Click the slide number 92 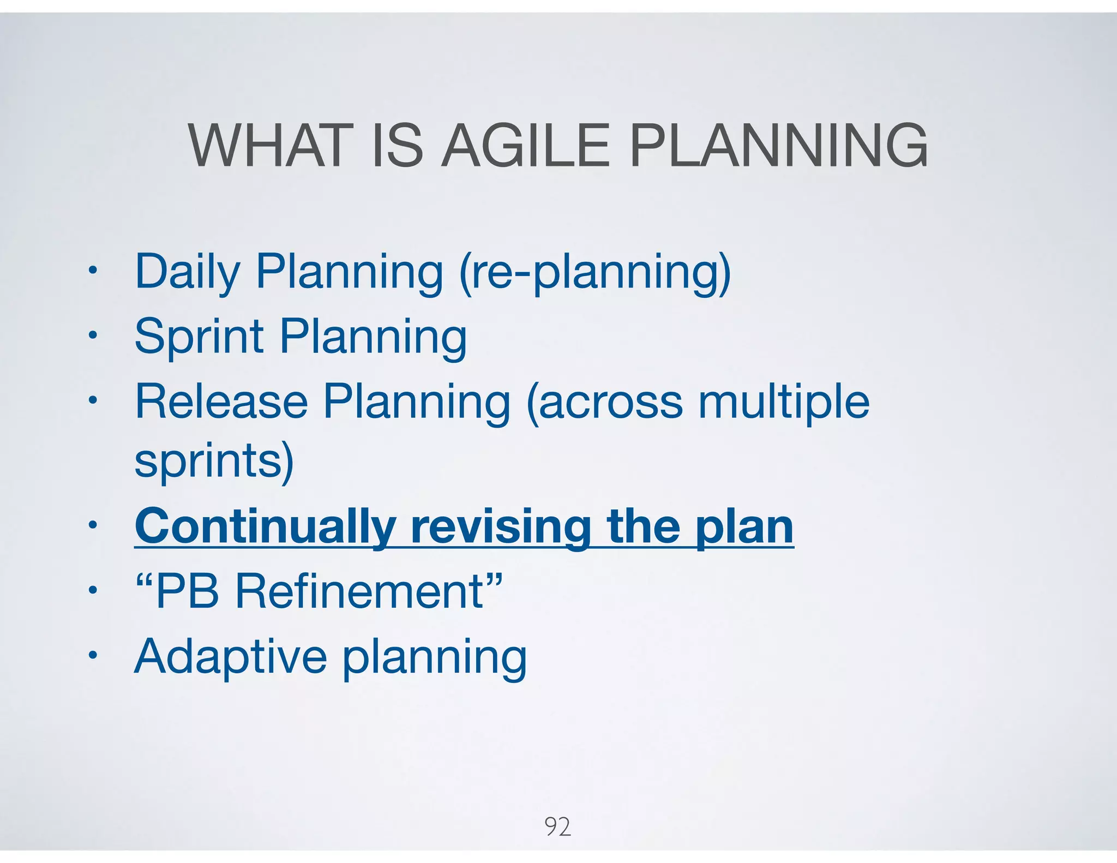tap(557, 826)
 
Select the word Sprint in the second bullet tap(199, 337)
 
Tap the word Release tap(221, 401)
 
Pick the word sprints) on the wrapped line tap(214, 461)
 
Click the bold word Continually tap(265, 526)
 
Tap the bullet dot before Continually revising tap(93, 525)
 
